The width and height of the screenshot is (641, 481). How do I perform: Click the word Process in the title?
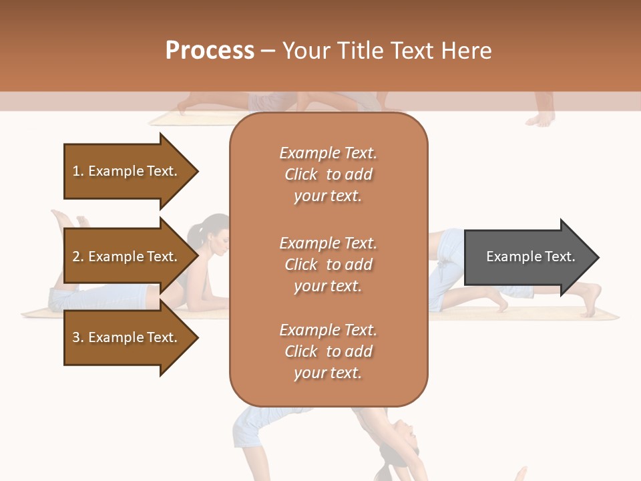tap(210, 51)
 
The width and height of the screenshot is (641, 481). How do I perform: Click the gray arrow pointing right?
tap(527, 257)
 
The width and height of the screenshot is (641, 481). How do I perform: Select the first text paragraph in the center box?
tap(328, 174)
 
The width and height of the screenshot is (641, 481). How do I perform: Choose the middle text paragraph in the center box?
tap(328, 265)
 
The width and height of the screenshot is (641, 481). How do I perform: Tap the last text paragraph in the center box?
tap(328, 351)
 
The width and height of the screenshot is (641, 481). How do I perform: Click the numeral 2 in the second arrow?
tap(75, 257)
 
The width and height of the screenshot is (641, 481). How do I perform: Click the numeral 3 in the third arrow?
tap(75, 337)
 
